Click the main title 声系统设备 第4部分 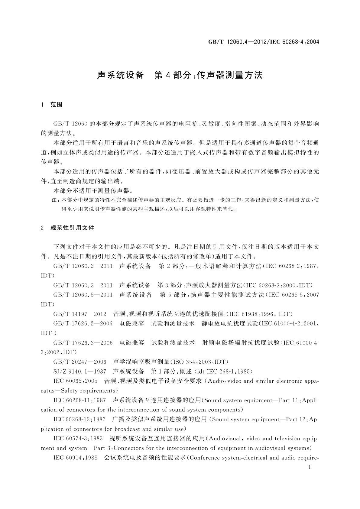coord(180,75)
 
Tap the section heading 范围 coord(57,105)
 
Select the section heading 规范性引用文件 coord(73,228)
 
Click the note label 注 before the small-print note coord(55,200)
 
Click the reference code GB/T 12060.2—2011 coord(83,266)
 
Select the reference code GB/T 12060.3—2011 coord(83,285)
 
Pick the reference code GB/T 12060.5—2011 coord(83,295)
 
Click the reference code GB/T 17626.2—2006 coord(83,324)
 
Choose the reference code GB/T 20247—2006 coord(80,362)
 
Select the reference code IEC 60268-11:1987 coord(79,400)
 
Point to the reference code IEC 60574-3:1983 coord(78,439)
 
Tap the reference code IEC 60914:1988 coord(75,458)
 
